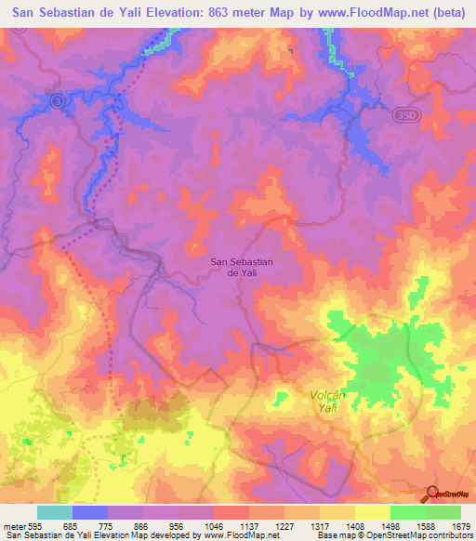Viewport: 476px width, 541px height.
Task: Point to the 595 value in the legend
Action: (x=31, y=526)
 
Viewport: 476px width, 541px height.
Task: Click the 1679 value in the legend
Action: (x=460, y=526)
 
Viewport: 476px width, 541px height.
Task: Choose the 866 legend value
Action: (x=140, y=526)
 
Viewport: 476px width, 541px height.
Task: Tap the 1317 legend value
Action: (x=319, y=526)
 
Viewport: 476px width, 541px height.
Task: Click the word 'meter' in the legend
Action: (x=12, y=526)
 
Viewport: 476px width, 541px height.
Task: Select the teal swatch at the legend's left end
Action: (x=55, y=512)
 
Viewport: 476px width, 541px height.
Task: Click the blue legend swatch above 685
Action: (x=90, y=512)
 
